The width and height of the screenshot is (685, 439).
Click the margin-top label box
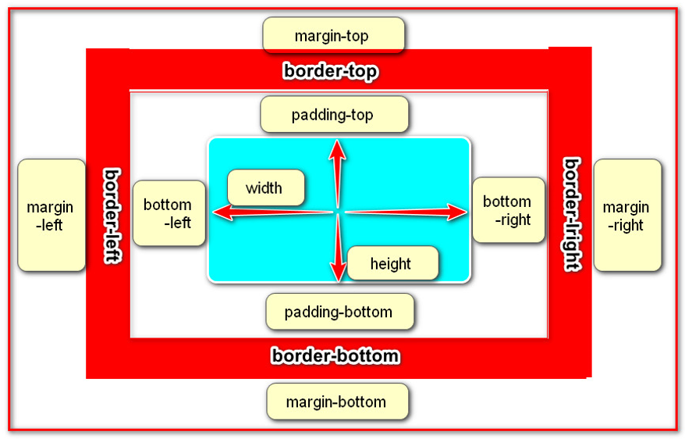pos(333,36)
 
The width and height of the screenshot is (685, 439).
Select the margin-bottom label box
pos(337,402)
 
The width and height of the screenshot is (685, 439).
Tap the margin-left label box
pos(51,216)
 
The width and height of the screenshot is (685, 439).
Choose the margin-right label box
pos(626,216)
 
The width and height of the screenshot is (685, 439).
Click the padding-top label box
pos(334,115)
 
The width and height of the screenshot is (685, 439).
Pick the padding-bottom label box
pos(339,312)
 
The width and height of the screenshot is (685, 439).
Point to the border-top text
pos(331,72)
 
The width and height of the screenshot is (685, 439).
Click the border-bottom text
pos(335,356)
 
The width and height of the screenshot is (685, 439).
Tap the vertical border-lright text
pos(572,214)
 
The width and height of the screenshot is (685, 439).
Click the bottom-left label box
pos(169,212)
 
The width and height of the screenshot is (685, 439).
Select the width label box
pos(265,188)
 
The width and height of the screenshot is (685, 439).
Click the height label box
pos(392,263)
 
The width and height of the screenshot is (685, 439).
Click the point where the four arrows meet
pos(338,212)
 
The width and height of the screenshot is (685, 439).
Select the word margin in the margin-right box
pos(626,208)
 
